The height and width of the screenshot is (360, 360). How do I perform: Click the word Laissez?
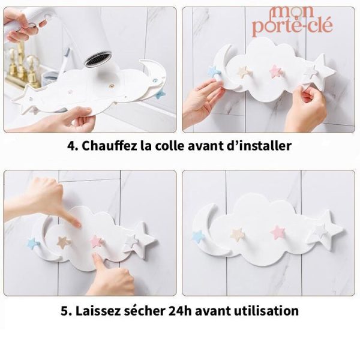103,311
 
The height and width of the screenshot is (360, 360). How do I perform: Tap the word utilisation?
269,311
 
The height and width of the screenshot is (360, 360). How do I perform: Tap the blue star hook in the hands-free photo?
198,236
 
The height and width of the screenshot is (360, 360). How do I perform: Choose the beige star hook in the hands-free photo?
238,234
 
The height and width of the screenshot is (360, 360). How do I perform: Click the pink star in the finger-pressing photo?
97,241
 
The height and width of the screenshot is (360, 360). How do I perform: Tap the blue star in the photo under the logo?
214,71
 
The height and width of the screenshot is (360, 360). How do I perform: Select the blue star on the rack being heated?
160,94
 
